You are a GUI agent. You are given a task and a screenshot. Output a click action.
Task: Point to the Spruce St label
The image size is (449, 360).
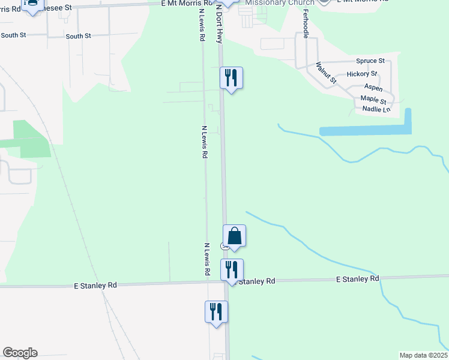[x=370, y=61]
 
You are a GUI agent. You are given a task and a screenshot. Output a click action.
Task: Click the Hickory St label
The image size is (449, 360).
[x=362, y=74]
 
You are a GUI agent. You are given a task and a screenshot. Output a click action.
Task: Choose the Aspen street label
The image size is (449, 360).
[x=373, y=88]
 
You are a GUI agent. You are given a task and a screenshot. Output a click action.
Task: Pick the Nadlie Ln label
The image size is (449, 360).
[x=376, y=109]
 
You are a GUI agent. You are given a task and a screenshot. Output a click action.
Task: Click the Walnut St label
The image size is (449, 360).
[x=327, y=73]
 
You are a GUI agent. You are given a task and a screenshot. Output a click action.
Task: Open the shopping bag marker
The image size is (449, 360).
[x=234, y=236]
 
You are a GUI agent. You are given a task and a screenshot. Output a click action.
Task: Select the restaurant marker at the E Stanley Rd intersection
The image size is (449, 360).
[x=232, y=270]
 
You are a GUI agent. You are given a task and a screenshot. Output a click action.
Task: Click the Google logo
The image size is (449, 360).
[x=20, y=353]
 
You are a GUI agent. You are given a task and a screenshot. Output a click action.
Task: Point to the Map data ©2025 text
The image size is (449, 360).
[x=423, y=355]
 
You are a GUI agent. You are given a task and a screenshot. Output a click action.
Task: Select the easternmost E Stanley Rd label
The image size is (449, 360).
[x=358, y=279]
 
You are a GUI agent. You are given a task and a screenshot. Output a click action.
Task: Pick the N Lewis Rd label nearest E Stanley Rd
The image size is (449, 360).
[x=206, y=259]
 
